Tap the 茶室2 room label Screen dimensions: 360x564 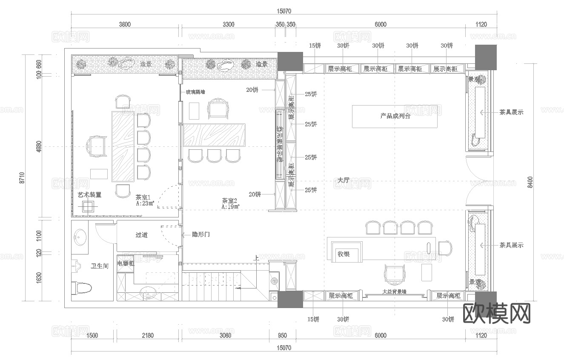pyautogui.click(x=229, y=200)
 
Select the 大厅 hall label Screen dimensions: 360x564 pyautogui.click(x=343, y=180)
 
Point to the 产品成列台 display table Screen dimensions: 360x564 pyautogui.click(x=395, y=116)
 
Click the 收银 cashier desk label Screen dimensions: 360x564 pyautogui.click(x=344, y=254)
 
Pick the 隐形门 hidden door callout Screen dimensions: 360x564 pyautogui.click(x=200, y=234)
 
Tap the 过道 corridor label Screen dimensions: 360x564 pyautogui.click(x=141, y=235)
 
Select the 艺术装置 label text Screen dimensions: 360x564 pyautogui.click(x=89, y=194)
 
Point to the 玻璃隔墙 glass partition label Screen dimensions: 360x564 pyautogui.click(x=195, y=91)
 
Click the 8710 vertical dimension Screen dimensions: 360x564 pyautogui.click(x=21, y=179)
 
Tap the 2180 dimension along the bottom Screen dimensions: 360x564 pyautogui.click(x=147, y=335)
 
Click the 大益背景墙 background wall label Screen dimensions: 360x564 pyautogui.click(x=394, y=292)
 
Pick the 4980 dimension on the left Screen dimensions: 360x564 pyautogui.click(x=39, y=147)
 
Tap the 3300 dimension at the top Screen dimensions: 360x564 pyautogui.click(x=229, y=24)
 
